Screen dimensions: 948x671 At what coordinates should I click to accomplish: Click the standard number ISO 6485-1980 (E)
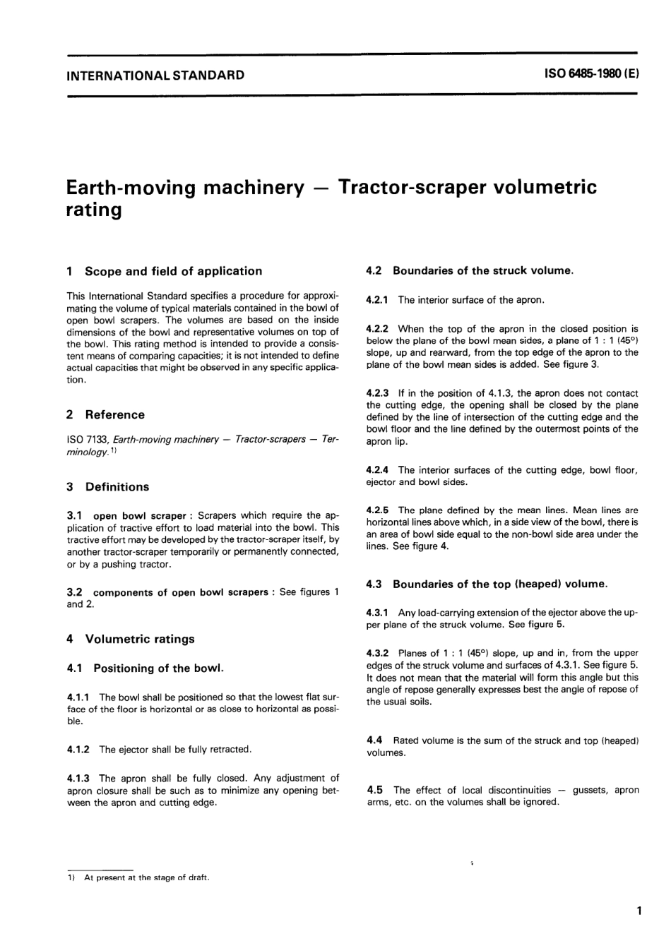point(592,73)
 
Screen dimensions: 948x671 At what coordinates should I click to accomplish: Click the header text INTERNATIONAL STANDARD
point(155,74)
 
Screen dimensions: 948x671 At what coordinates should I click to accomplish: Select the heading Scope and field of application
point(173,271)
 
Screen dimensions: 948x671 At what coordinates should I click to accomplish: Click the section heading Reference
point(114,415)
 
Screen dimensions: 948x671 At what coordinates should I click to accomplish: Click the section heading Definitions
point(117,487)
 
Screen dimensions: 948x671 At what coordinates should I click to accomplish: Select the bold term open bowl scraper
point(140,516)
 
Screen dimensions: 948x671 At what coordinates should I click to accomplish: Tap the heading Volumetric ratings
point(140,640)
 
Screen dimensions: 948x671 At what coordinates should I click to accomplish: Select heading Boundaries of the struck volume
point(483,270)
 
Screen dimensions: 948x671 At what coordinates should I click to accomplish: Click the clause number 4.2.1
point(378,300)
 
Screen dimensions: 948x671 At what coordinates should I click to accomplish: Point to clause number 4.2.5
point(378,510)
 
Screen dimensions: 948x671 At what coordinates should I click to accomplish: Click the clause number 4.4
point(374,741)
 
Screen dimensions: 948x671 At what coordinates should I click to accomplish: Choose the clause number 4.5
point(374,791)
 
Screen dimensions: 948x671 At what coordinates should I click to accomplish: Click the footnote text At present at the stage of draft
point(147,878)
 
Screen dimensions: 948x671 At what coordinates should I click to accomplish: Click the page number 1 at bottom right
point(639,911)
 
